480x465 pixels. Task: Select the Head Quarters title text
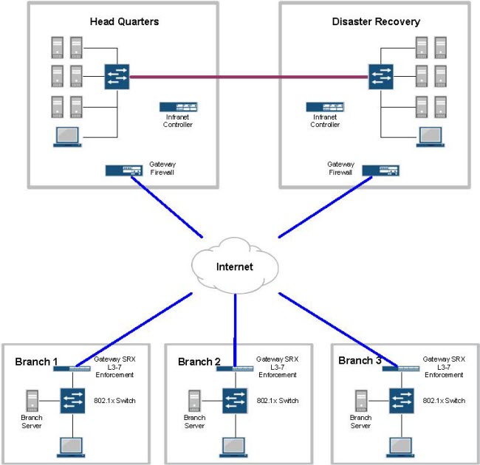coord(124,21)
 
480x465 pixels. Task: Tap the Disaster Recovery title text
coord(376,21)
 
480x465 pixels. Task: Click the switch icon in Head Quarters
coord(117,75)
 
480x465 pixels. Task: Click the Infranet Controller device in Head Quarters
coord(177,107)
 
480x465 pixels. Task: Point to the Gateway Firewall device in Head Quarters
coord(124,170)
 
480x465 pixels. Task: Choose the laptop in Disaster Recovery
coord(430,137)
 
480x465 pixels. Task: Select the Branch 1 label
coord(36,362)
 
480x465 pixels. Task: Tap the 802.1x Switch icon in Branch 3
coord(402,401)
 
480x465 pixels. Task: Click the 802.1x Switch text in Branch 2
coord(278,401)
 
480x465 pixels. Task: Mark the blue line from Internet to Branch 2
coord(235,328)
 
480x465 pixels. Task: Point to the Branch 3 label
coord(360,361)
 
